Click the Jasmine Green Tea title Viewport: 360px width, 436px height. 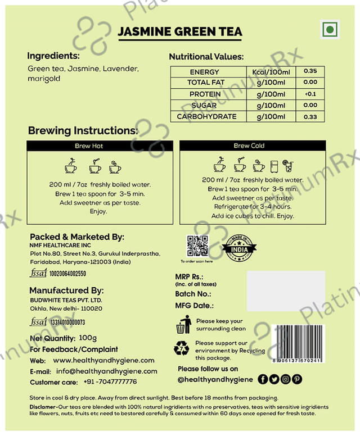coord(180,31)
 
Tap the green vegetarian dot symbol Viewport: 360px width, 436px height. coord(330,30)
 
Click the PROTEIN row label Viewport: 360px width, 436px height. coord(204,94)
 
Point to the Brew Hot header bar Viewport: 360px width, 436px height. coord(100,146)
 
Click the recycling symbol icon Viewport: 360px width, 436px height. coord(182,349)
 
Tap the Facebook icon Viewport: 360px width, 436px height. coord(263,379)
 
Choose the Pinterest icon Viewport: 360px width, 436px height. coord(297,379)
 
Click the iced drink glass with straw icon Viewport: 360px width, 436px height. coord(288,165)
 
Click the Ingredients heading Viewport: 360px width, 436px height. coord(53,56)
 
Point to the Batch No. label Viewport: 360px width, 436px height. coord(193,293)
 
